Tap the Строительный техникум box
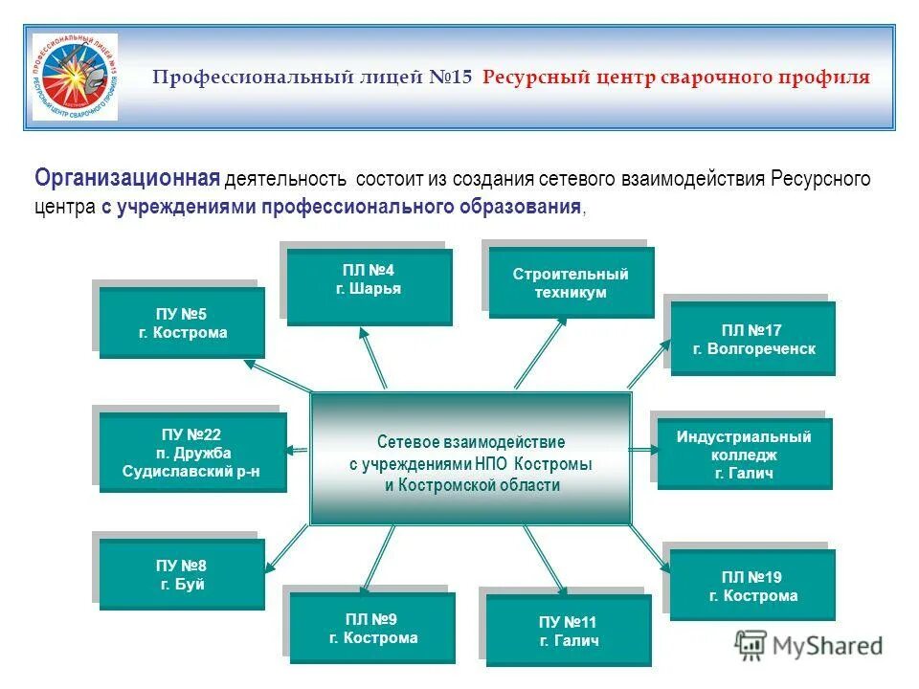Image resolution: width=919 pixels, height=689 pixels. [x=572, y=282]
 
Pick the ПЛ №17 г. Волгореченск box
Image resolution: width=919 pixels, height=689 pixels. [x=753, y=338]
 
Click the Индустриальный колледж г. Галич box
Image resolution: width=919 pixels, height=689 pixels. [x=744, y=454]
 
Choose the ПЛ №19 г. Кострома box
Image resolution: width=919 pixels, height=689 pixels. [x=752, y=586]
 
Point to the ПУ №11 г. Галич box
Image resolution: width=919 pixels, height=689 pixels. [x=569, y=631]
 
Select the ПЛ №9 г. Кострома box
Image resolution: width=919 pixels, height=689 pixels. [x=373, y=628]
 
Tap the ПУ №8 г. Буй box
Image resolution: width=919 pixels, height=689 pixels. [x=182, y=574]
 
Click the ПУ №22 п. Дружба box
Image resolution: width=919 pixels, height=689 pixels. [x=192, y=453]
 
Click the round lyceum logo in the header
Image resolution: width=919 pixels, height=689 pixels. [x=75, y=77]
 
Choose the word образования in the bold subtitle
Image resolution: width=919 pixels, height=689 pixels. [x=523, y=207]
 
